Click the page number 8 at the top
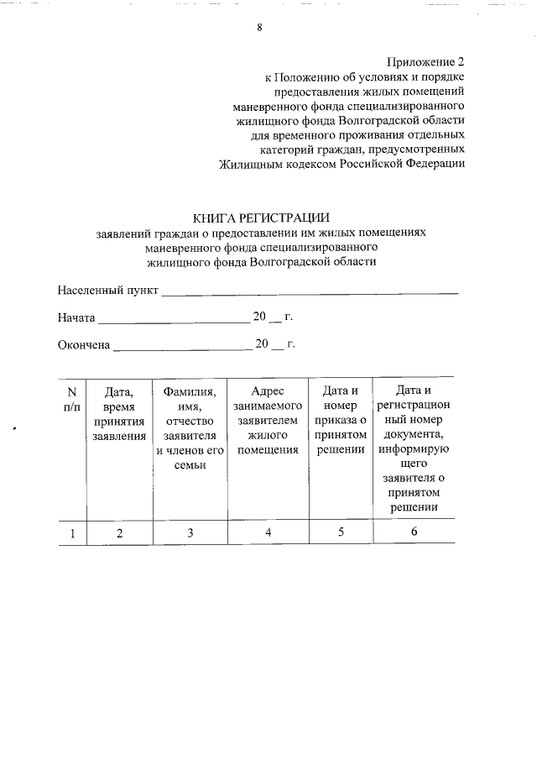[259, 28]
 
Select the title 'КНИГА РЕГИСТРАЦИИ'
[261, 219]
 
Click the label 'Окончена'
[84, 344]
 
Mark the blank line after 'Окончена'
[180, 346]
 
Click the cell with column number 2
[119, 532]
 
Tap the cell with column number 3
[190, 532]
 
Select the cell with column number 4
[268, 532]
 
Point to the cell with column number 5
[341, 532]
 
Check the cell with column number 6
[414, 532]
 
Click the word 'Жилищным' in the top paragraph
[248, 163]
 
